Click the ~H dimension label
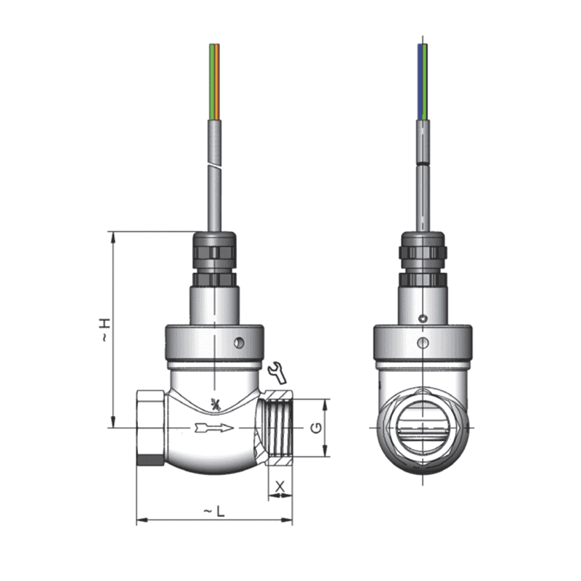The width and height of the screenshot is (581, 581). [x=106, y=330]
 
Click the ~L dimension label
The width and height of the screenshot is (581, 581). [x=214, y=512]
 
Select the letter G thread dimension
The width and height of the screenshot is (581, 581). [x=315, y=428]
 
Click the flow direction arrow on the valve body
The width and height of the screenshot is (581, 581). [x=214, y=428]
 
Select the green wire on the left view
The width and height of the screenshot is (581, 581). [x=211, y=80]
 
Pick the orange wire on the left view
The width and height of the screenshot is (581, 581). [x=216, y=80]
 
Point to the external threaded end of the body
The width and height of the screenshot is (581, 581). [x=278, y=428]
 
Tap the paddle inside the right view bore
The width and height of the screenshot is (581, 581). [x=422, y=431]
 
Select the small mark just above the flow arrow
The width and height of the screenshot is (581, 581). [x=214, y=404]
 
